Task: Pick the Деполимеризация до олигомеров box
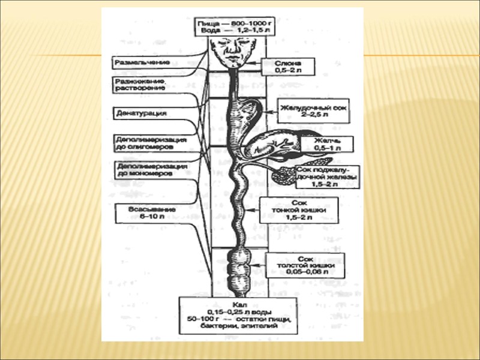(x=150, y=143)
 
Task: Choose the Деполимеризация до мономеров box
(x=150, y=169)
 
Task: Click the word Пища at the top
(x=208, y=20)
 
